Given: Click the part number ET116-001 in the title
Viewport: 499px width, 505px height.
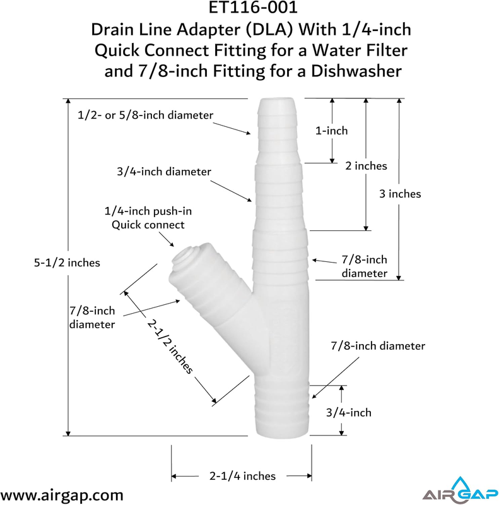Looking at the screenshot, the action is pyautogui.click(x=253, y=8).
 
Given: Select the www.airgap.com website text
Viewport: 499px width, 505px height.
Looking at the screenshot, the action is pyautogui.click(x=61, y=495).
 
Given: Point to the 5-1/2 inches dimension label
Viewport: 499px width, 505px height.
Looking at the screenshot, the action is pyautogui.click(x=67, y=263).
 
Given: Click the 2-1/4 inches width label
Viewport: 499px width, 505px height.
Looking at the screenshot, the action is pyautogui.click(x=242, y=476).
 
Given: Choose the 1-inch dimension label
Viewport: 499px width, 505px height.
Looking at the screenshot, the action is pyautogui.click(x=332, y=131).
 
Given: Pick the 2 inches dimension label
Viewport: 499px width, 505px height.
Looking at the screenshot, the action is pyautogui.click(x=366, y=166).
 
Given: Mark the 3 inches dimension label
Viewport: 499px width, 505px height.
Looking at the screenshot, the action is pyautogui.click(x=400, y=194).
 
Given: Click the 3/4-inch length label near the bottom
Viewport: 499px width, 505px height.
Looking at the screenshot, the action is pyautogui.click(x=349, y=413).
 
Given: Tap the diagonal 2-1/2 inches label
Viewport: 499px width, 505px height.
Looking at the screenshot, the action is pyautogui.click(x=170, y=346).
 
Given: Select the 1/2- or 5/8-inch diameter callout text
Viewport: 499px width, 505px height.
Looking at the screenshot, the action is pyautogui.click(x=146, y=115).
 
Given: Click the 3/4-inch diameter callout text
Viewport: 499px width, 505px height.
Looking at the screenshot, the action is pyautogui.click(x=164, y=171).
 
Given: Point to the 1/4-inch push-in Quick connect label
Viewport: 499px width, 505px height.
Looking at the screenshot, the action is pyautogui.click(x=148, y=218).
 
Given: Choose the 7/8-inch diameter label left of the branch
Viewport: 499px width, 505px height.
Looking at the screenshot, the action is pyautogui.click(x=92, y=318).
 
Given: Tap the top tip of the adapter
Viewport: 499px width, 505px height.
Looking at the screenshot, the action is pyautogui.click(x=276, y=99).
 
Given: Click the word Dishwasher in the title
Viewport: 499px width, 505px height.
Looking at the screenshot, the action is pyautogui.click(x=356, y=71).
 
